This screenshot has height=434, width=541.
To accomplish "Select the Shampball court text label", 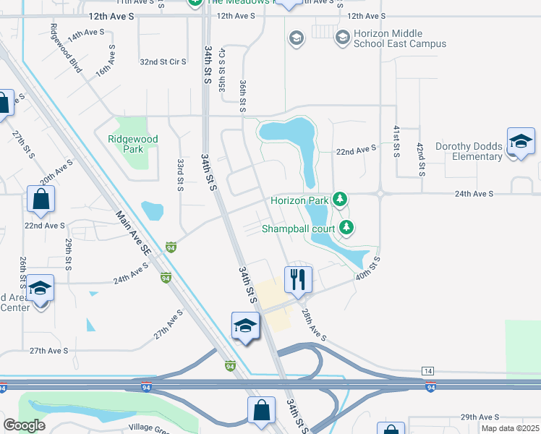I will (298, 229).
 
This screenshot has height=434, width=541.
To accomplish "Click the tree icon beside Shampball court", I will (347, 229).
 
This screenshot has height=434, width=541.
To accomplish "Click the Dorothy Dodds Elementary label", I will (468, 151).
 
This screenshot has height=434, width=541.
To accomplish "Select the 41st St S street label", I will (396, 141).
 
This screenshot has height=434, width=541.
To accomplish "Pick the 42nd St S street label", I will (420, 159).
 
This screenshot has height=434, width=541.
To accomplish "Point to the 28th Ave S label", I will (315, 325).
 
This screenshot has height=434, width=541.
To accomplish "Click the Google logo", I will (24, 425).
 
